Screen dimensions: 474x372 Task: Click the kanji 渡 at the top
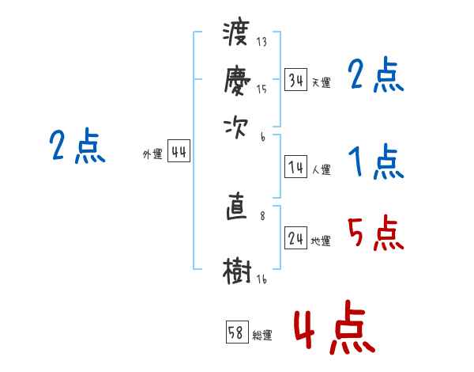pos(237,36)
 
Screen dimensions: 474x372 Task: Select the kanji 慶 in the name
pos(237,79)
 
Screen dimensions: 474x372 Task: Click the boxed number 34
pos(296,80)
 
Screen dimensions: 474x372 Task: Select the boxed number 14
pos(296,167)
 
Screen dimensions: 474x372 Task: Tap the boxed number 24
pos(296,239)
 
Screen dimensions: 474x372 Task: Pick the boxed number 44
pos(179,153)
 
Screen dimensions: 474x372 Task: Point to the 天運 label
pos(321,82)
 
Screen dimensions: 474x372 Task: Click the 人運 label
pos(321,169)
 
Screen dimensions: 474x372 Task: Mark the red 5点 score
pos(374,234)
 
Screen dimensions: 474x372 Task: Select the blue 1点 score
pos(375,163)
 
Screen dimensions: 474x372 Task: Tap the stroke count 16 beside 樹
pos(261,278)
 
